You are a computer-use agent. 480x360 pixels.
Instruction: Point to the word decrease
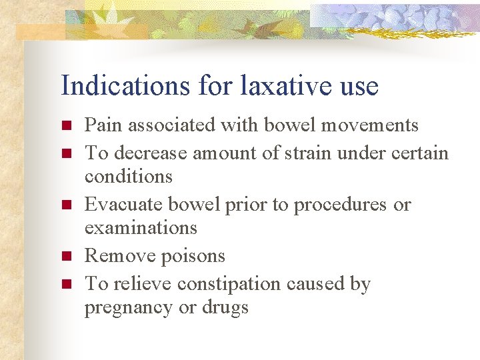[151, 153]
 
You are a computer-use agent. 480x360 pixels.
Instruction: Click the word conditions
[128, 177]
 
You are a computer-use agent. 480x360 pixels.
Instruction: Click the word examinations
[141, 228]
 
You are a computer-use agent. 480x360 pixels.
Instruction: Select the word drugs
[227, 307]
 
